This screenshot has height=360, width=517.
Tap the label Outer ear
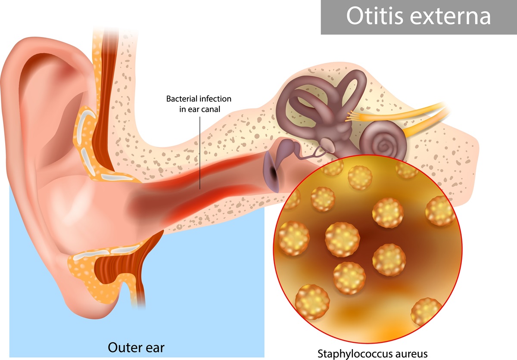point(136,348)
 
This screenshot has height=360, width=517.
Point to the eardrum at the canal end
point(272,171)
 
